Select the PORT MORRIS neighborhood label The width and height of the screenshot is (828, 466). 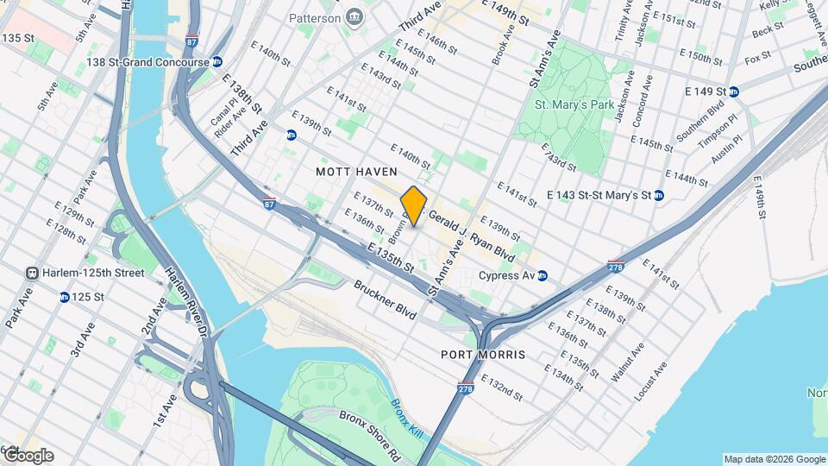point(482,355)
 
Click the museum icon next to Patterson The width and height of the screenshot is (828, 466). point(354,17)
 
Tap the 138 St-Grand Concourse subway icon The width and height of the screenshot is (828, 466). point(217,62)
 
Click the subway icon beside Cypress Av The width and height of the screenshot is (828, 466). point(543,276)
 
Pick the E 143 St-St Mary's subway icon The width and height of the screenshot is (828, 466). point(659,196)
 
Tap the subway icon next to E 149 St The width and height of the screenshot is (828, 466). point(733,91)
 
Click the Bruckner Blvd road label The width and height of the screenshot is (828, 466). point(386,295)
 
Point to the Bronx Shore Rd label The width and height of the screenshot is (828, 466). point(370,432)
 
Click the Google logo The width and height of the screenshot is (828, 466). point(28,456)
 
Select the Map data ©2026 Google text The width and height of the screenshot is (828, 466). point(774,459)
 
